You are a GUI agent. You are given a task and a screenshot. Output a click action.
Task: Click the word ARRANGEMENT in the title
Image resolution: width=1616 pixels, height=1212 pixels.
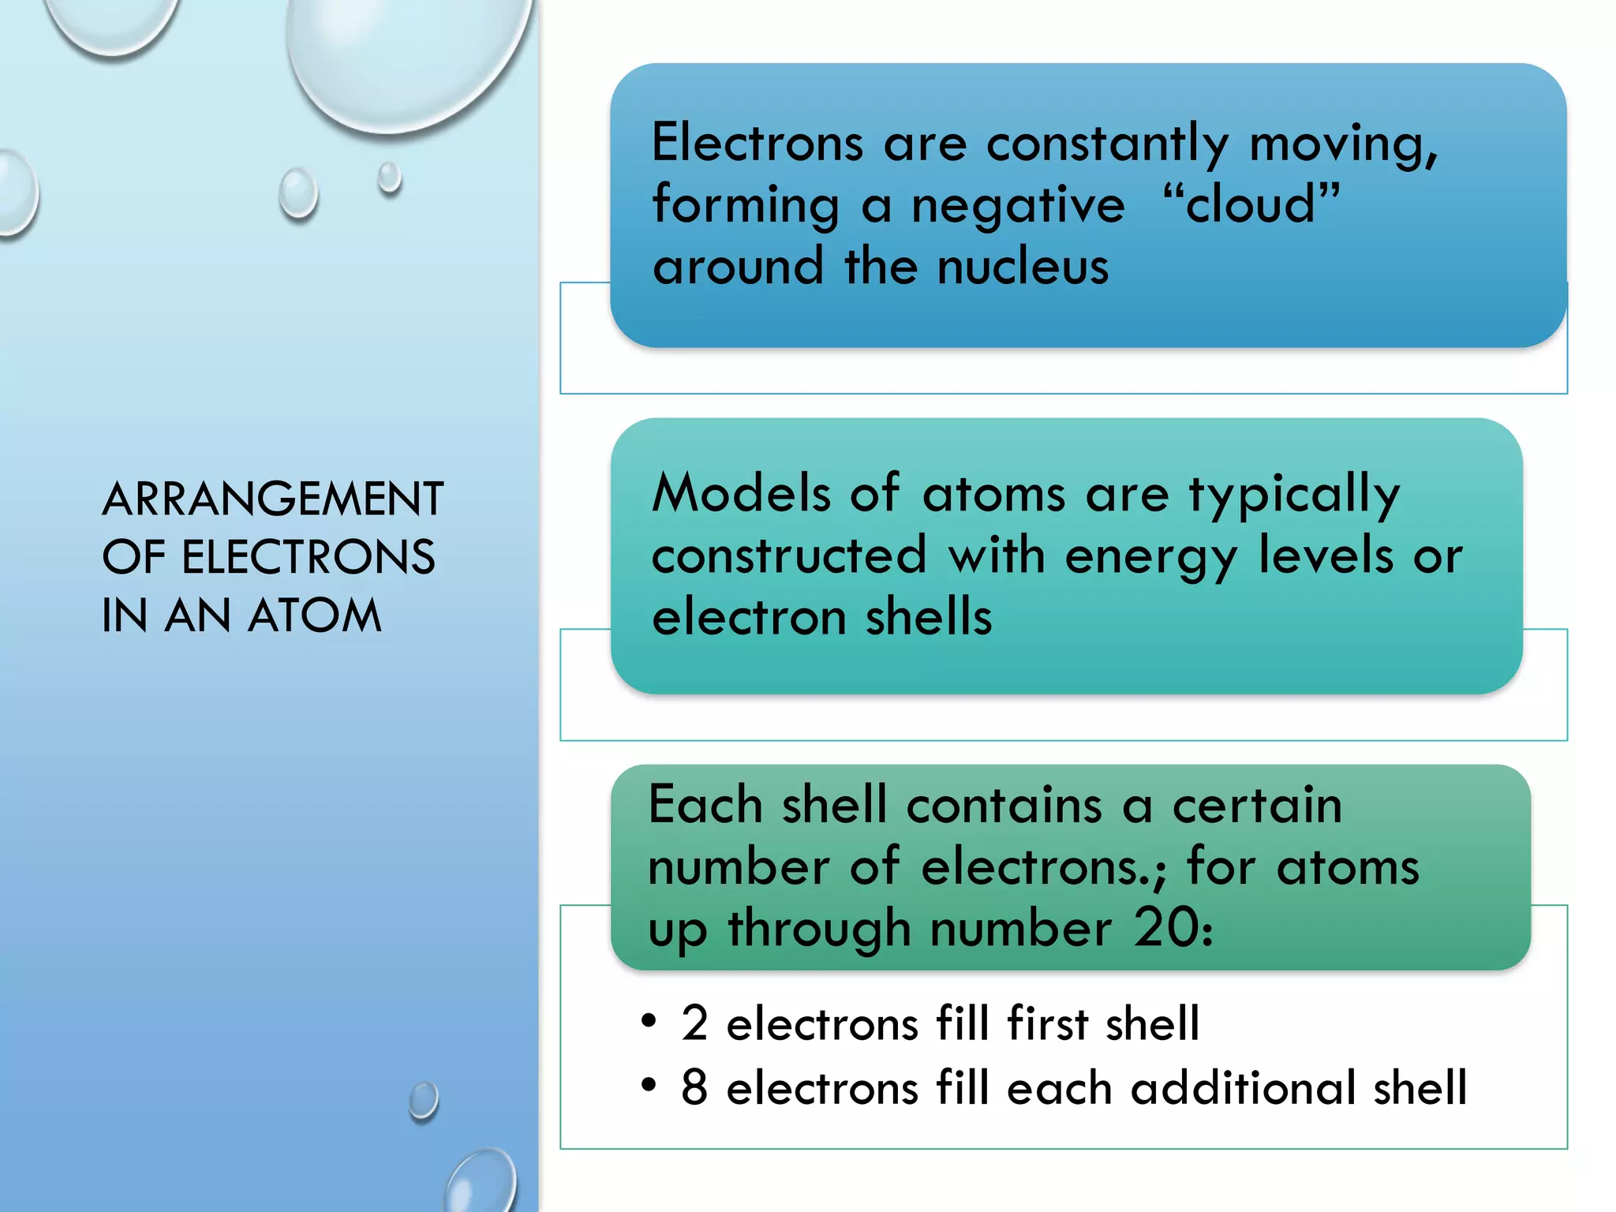coord(272,499)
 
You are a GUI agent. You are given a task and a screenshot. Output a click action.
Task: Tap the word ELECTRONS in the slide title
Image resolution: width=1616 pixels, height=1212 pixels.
coord(308,557)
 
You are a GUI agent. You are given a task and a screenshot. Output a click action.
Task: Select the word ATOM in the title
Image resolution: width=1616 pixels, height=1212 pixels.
coord(314,615)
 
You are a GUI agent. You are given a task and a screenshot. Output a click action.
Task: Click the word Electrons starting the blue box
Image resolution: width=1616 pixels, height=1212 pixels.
coord(757,144)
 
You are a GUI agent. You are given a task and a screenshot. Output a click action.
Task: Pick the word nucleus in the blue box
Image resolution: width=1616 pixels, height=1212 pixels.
coord(1023,267)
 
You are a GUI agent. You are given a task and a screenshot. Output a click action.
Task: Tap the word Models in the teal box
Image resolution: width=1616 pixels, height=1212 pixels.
coord(741,494)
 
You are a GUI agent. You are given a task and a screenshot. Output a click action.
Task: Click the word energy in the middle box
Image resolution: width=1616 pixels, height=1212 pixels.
coord(1150,557)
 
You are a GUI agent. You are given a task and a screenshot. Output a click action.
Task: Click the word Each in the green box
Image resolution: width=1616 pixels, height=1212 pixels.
coord(705,806)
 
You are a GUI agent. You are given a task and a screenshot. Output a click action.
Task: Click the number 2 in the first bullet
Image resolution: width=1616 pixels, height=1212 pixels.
coord(694,1023)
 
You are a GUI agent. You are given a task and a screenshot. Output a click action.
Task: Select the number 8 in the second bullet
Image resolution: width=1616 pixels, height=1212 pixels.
coord(694,1087)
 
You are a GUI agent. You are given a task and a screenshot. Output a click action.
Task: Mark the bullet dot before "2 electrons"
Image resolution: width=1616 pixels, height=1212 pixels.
coord(649,1021)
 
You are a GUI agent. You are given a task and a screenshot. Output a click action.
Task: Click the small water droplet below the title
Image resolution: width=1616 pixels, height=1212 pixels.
coord(424,1100)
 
